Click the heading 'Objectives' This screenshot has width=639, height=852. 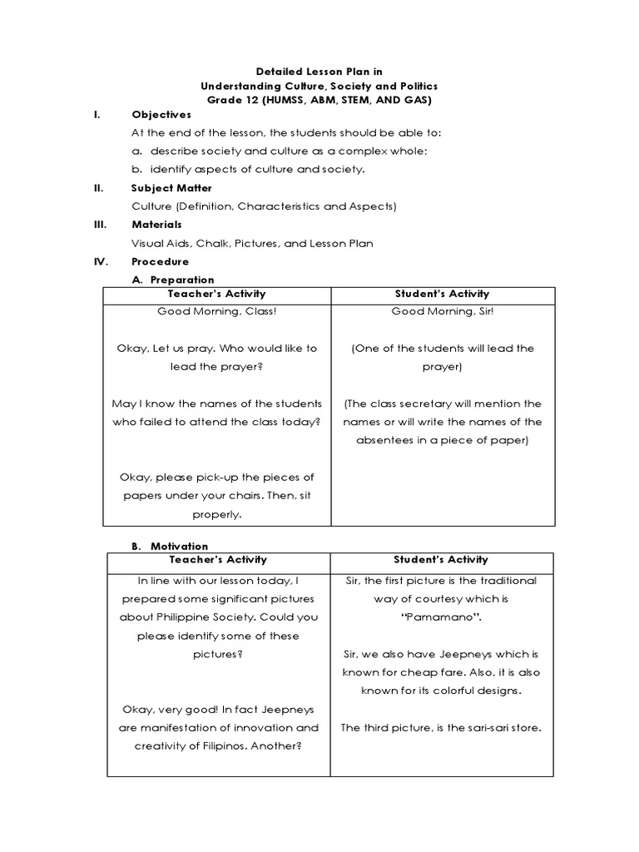click(x=161, y=115)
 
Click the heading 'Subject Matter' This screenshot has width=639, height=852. click(x=171, y=188)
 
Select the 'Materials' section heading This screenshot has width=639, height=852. click(x=156, y=225)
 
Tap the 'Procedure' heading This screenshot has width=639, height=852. click(x=161, y=261)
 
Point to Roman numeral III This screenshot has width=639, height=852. click(x=97, y=225)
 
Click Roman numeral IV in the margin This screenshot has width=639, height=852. click(x=98, y=261)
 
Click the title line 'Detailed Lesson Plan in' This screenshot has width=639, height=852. click(x=319, y=72)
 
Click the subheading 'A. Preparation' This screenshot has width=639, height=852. click(x=173, y=280)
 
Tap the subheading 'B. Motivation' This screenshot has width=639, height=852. click(x=170, y=546)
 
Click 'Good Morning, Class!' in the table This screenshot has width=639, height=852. click(x=217, y=311)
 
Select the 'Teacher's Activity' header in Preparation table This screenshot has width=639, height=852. click(x=216, y=294)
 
